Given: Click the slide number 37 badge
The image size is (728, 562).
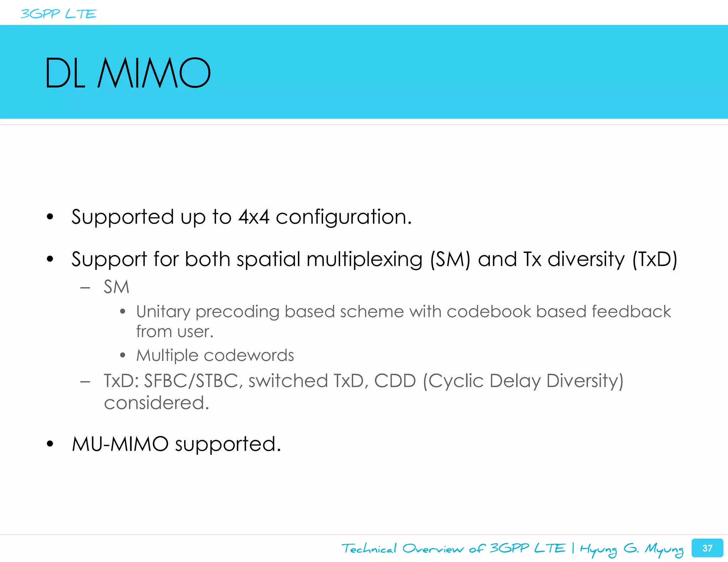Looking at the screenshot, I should (707, 548).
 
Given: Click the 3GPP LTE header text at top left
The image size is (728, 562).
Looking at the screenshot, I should (59, 14).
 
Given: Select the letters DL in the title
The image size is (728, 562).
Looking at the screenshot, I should (65, 73).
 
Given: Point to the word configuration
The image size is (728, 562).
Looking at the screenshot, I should (343, 217).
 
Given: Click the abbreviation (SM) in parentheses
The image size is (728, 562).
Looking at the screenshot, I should (450, 259).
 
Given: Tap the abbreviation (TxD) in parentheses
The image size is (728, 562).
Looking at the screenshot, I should (655, 259).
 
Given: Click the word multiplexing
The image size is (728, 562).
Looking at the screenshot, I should (364, 260).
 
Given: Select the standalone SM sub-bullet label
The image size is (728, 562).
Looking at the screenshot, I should (116, 287).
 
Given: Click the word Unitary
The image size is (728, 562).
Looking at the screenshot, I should (164, 312).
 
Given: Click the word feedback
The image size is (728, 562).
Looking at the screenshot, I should (631, 312).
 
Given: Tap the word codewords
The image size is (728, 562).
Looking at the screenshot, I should (249, 355).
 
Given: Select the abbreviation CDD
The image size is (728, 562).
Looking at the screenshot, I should (395, 381).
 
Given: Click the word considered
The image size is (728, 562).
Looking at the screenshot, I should (156, 403).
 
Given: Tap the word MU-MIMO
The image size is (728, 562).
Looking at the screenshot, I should (120, 444).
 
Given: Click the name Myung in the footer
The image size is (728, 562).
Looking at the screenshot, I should (664, 549).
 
